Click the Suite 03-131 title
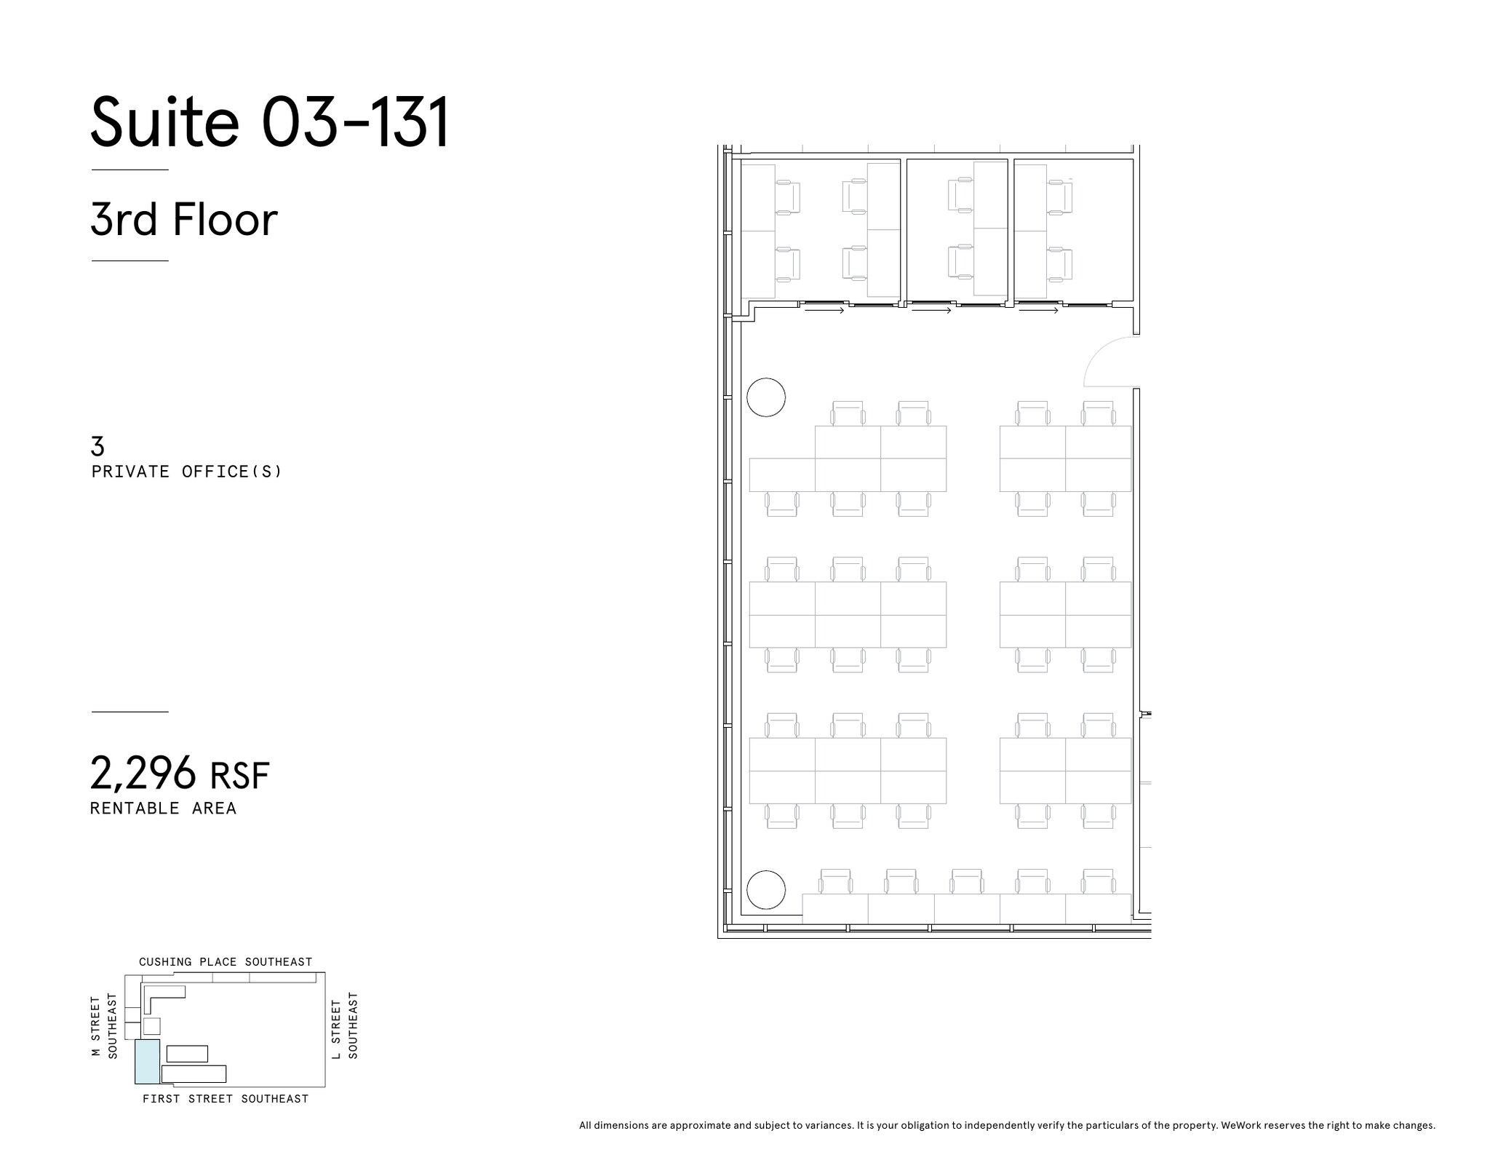point(269,122)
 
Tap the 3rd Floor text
point(183,219)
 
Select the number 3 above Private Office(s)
point(97,445)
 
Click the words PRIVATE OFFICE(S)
point(186,472)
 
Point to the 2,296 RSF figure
point(179,773)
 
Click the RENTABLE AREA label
point(163,809)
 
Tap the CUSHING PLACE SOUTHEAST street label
point(226,961)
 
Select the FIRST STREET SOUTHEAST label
point(226,1099)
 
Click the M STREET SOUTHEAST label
point(103,1026)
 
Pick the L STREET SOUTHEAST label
point(345,1026)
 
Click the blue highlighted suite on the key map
point(147,1061)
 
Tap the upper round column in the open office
point(766,397)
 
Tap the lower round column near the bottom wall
point(766,889)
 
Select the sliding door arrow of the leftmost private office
point(824,311)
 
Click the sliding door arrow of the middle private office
point(931,311)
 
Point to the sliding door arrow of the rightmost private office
point(1038,311)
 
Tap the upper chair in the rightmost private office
point(1060,196)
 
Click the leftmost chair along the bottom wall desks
point(835,882)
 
